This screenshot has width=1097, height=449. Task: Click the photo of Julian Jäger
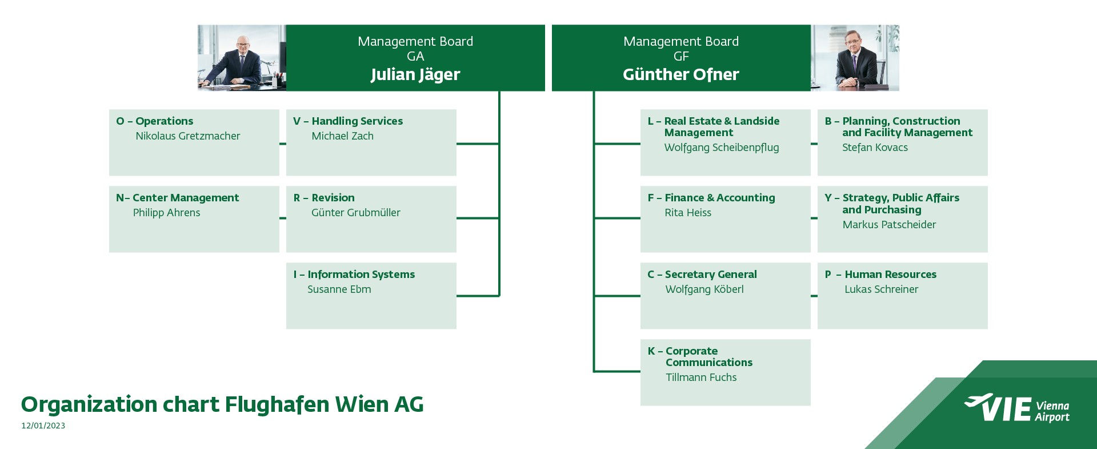point(242,58)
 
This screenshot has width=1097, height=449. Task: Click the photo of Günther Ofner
point(855,58)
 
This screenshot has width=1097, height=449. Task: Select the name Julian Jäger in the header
point(415,75)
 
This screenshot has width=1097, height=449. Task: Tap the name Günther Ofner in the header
point(681,74)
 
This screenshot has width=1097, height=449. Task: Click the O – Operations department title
point(155,121)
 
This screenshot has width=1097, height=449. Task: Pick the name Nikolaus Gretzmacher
point(188,136)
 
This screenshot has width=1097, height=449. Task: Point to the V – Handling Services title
point(348,121)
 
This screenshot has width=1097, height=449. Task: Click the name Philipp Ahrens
point(167,213)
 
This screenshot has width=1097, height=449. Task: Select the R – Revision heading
point(324,198)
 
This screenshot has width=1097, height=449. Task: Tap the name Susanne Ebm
point(339,289)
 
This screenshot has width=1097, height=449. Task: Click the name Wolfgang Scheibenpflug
point(722,148)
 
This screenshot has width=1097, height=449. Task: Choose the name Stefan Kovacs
point(875,148)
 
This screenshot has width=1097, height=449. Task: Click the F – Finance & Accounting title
point(711,198)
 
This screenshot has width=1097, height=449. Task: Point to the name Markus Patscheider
point(889,225)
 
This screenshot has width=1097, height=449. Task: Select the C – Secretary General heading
point(702,275)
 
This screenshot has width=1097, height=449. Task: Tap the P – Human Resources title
point(880,275)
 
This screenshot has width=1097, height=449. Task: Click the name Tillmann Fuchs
point(701,378)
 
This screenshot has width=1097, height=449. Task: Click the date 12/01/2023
point(43,426)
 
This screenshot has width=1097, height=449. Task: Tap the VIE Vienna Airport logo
point(1016,408)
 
